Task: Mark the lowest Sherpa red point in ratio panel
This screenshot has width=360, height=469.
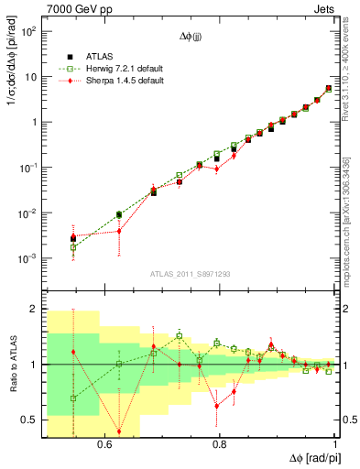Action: [x=119, y=431]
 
